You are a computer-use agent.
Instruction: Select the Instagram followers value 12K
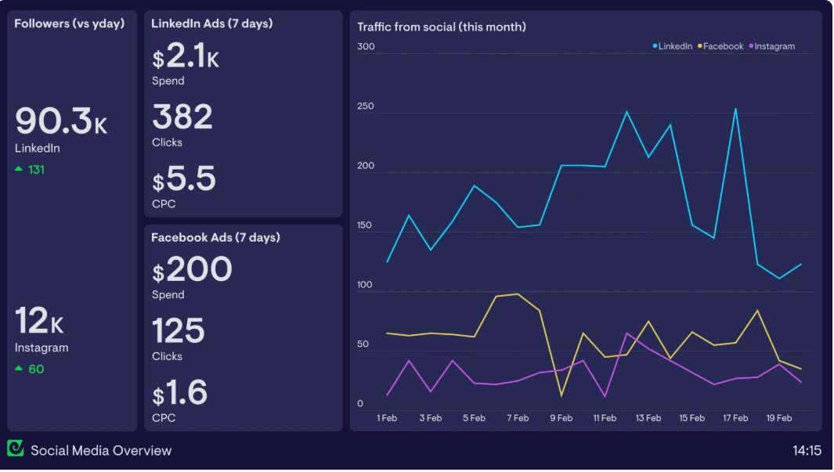click(39, 321)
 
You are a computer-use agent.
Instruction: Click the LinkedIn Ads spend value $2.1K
click(186, 57)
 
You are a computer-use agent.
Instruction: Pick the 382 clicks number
click(182, 117)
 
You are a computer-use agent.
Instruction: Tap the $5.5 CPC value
click(184, 180)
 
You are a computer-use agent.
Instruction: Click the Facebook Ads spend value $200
click(192, 271)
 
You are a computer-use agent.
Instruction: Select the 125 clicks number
click(179, 331)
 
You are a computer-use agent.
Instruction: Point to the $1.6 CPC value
click(180, 393)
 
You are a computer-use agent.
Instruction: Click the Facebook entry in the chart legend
click(722, 46)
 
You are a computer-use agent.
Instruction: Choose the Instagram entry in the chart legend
click(774, 46)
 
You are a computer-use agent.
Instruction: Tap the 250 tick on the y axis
click(366, 106)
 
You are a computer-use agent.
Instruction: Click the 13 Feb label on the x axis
click(648, 418)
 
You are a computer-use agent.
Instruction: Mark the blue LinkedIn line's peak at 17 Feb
click(735, 109)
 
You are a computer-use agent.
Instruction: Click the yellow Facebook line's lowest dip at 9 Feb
click(561, 395)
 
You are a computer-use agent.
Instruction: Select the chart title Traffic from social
click(441, 27)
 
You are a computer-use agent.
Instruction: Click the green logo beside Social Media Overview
click(16, 449)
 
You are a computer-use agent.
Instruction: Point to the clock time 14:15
click(806, 450)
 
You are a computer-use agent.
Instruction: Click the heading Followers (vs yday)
click(69, 23)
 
